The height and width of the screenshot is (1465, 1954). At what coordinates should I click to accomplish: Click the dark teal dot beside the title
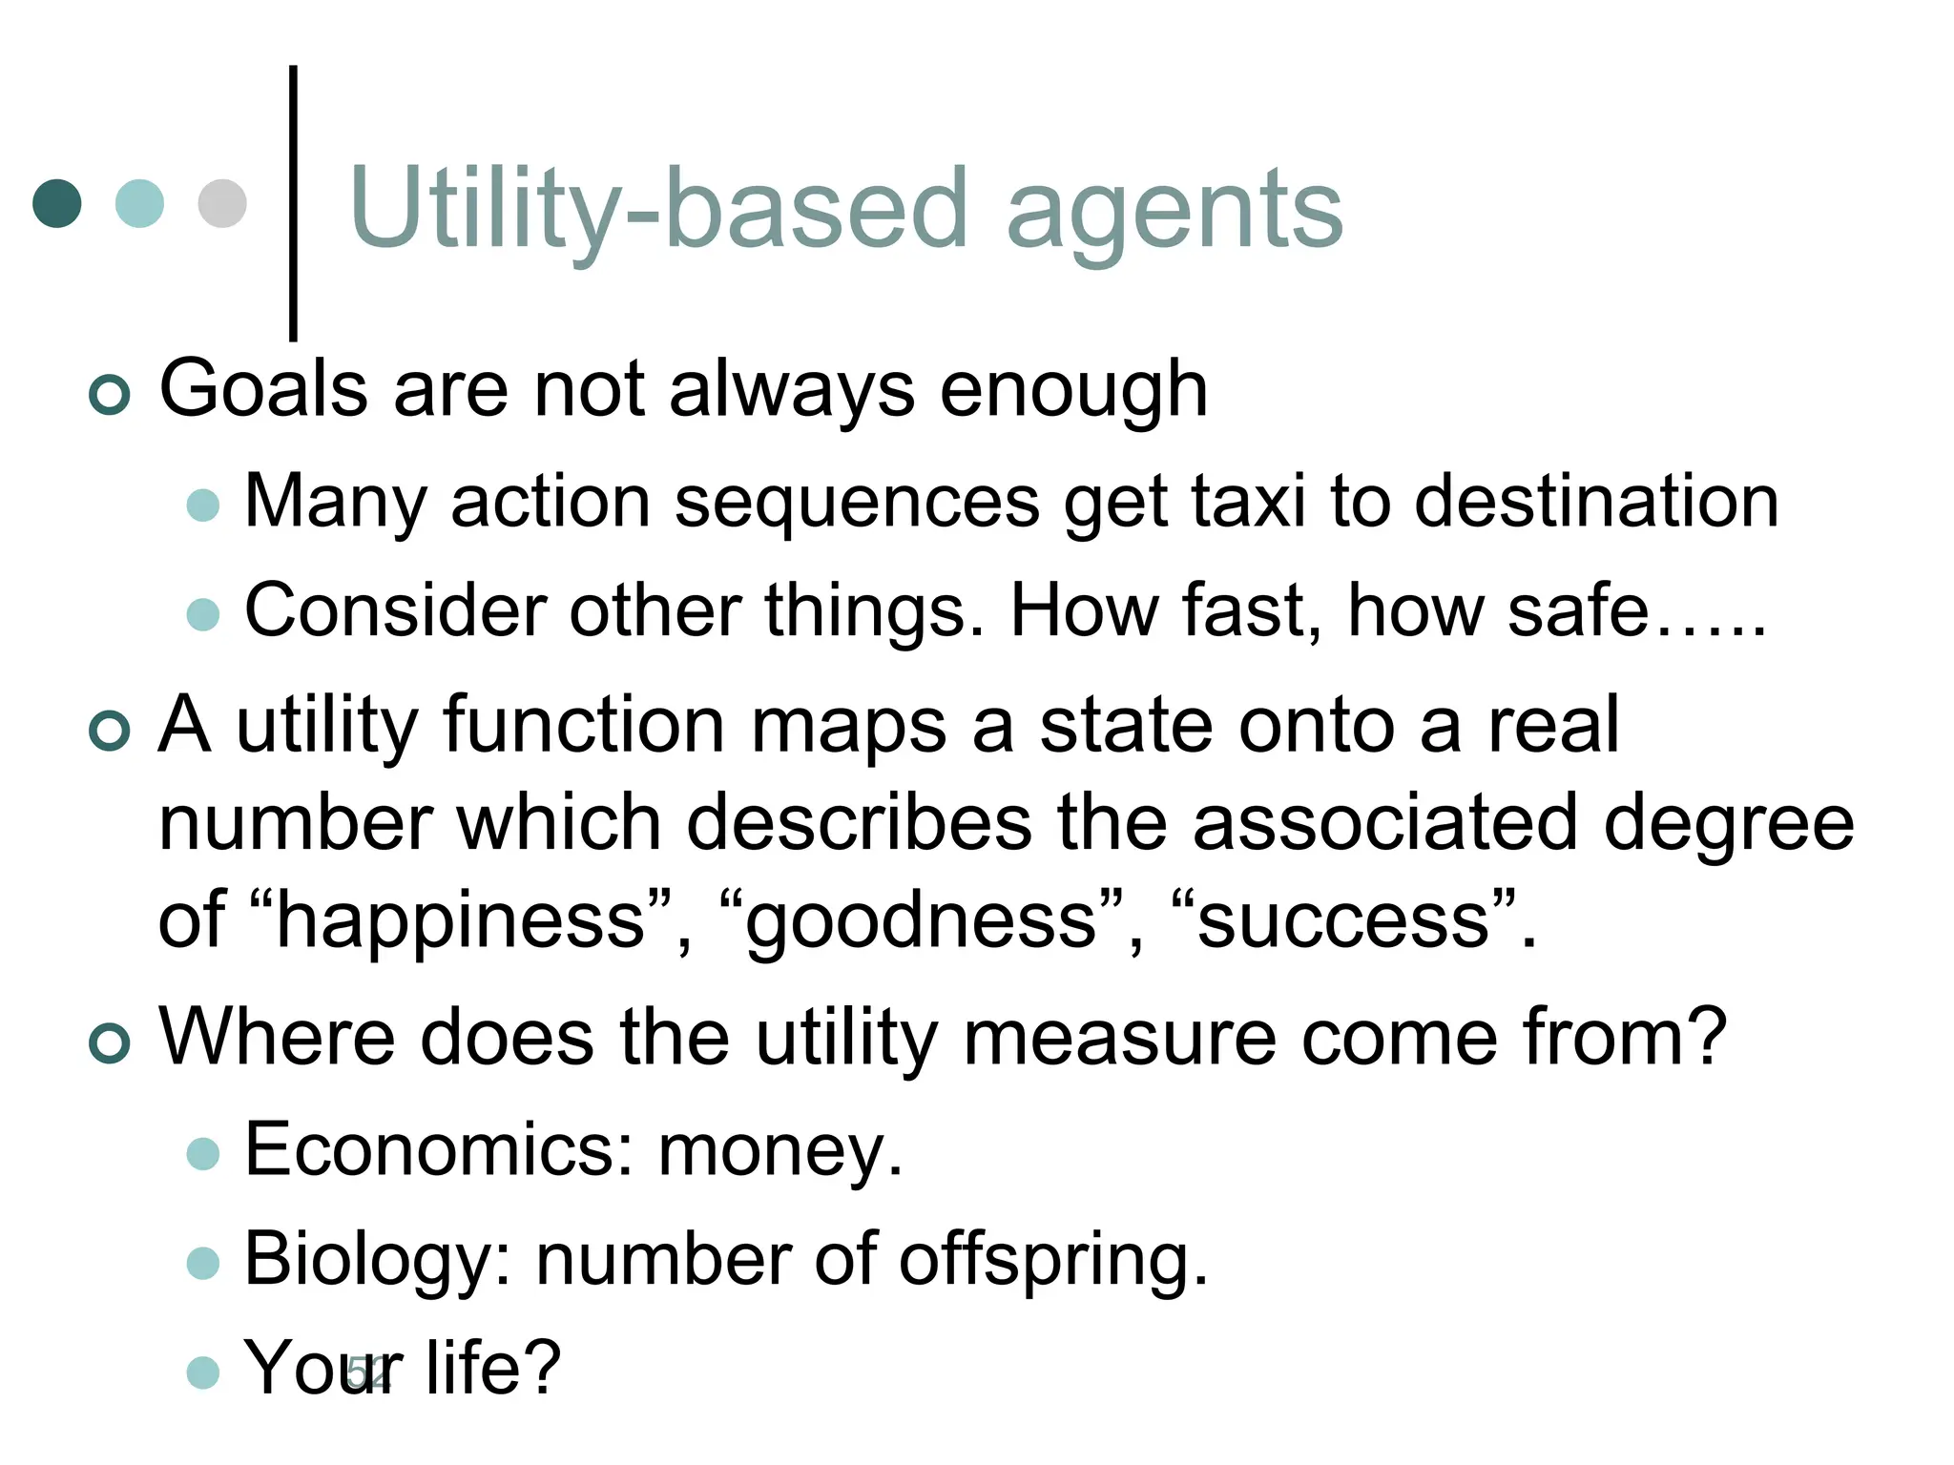[57, 203]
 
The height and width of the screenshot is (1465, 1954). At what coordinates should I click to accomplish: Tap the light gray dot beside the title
[222, 203]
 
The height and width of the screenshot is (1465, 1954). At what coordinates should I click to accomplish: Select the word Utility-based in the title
[658, 208]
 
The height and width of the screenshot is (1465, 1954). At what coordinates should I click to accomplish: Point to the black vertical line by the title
[293, 202]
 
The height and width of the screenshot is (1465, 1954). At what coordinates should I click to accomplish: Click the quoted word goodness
[922, 920]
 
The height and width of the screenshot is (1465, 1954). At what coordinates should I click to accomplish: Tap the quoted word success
[1343, 920]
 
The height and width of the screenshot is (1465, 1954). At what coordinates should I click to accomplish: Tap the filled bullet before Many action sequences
[203, 505]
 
